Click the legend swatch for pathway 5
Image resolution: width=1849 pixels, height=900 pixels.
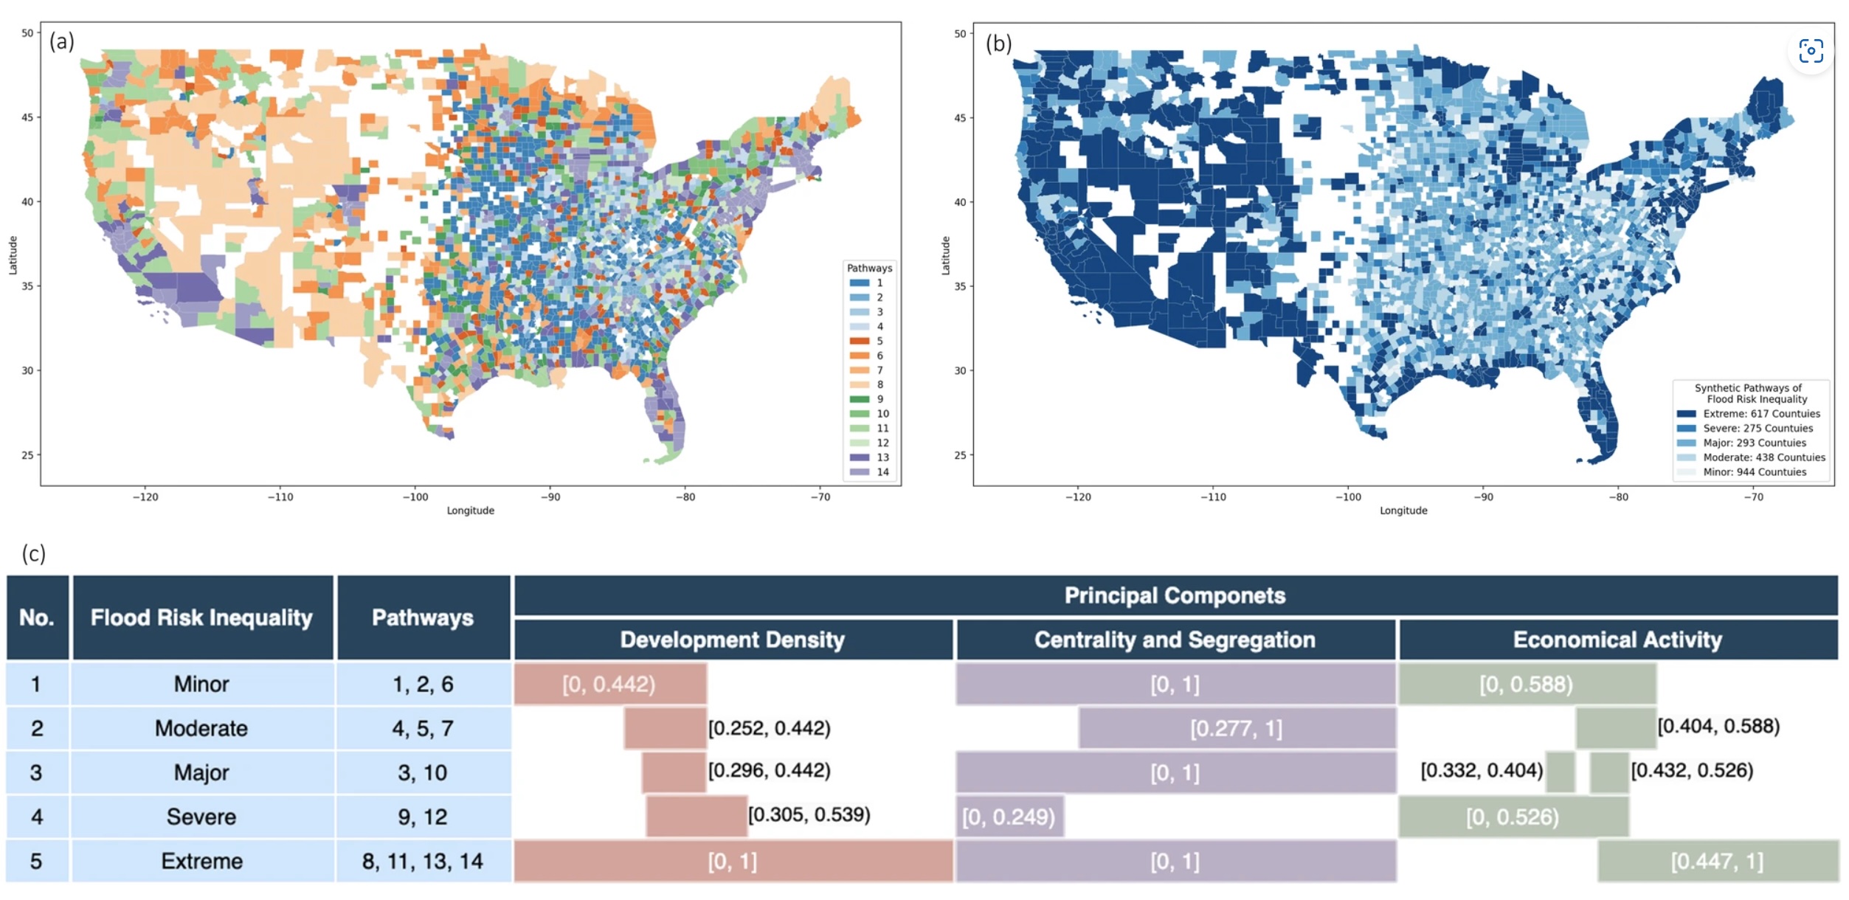(x=860, y=341)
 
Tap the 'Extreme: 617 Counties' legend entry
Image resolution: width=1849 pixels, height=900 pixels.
(x=1749, y=414)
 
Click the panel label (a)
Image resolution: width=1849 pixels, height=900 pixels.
(x=62, y=41)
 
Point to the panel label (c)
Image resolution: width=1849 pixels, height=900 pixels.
(x=34, y=553)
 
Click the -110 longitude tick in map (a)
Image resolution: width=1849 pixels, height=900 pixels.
(x=280, y=497)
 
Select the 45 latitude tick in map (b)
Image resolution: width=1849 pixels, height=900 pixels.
(x=960, y=118)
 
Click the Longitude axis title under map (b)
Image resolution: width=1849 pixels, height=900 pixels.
(x=1403, y=510)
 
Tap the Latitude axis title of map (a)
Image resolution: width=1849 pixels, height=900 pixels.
(x=13, y=255)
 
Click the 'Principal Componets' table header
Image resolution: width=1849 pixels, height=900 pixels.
(x=1175, y=595)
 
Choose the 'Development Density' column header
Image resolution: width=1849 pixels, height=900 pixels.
(x=732, y=640)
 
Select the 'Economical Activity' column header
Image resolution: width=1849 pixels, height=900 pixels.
(x=1617, y=640)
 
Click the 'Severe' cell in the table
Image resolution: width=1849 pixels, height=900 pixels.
(x=201, y=817)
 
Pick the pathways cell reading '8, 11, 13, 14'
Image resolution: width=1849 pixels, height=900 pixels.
(x=422, y=861)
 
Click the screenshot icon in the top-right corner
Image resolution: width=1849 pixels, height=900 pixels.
(x=1811, y=52)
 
